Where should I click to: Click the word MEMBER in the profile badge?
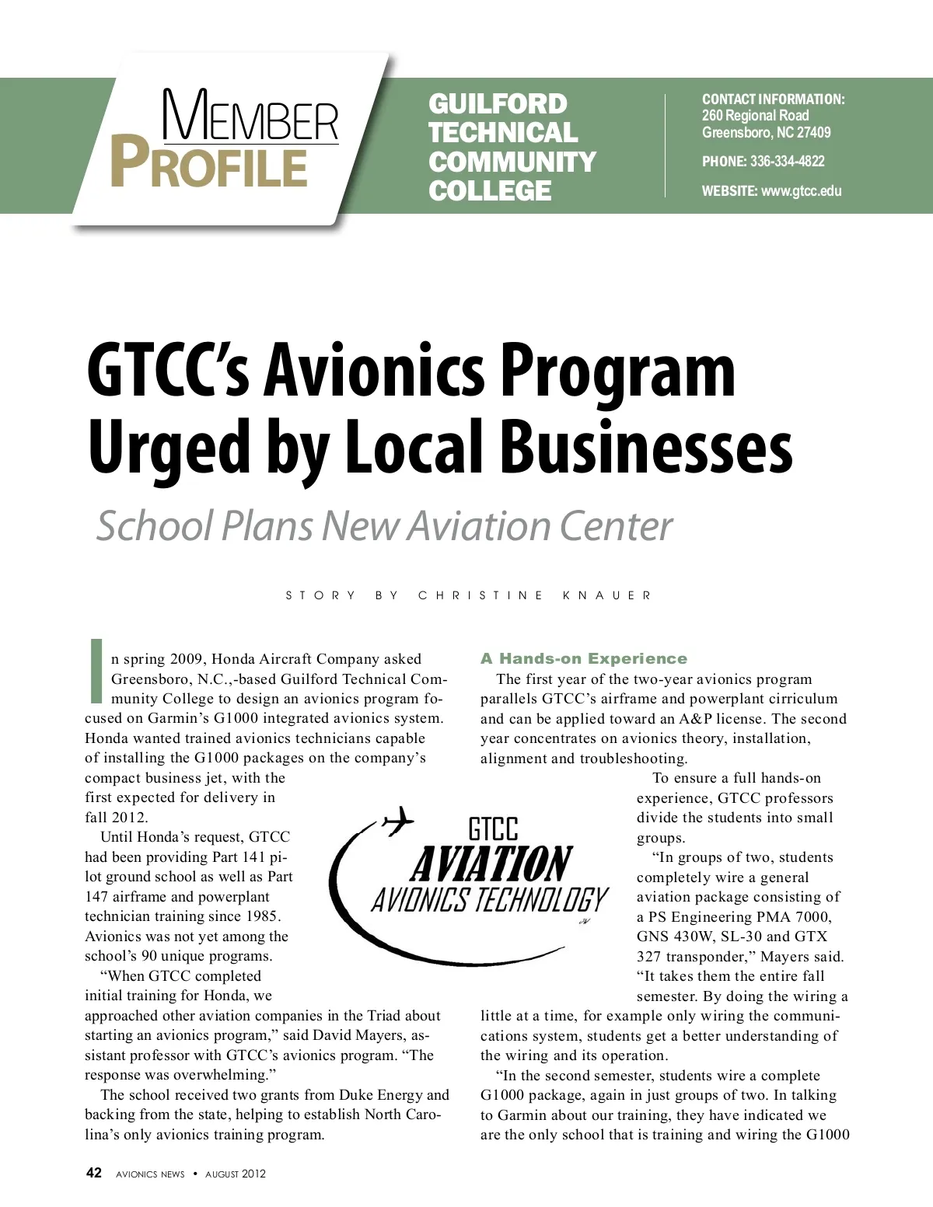point(250,117)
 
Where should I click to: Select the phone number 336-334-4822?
point(787,162)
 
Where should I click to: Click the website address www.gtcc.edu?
point(801,191)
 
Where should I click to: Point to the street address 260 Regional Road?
point(755,116)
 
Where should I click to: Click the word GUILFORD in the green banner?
point(498,104)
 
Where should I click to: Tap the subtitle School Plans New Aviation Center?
point(384,526)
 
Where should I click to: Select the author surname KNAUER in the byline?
point(606,596)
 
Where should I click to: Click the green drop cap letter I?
point(97,670)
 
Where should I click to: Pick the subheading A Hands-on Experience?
point(584,659)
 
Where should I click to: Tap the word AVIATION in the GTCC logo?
point(491,864)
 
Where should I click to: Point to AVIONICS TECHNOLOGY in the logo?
point(489,900)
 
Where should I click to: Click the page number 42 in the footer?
point(93,1173)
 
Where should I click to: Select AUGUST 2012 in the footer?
point(235,1174)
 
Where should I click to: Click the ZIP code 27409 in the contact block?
point(813,133)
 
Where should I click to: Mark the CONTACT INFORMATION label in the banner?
point(773,99)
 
